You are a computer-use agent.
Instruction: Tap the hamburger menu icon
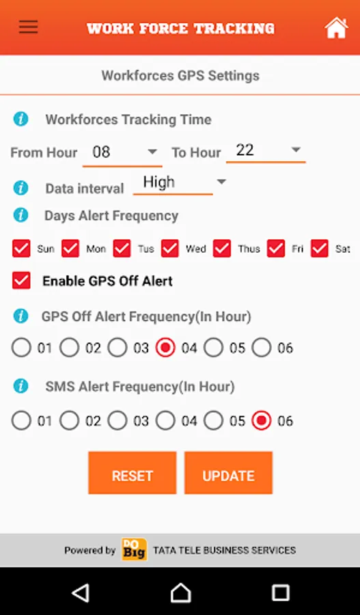point(28,27)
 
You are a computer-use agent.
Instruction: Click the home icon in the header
point(336,28)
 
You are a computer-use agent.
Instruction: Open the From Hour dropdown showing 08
point(122,152)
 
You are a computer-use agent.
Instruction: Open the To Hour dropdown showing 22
point(266,150)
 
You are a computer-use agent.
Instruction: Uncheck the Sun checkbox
point(21,249)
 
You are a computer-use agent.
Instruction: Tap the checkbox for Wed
point(170,249)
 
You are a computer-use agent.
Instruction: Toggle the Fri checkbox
point(276,249)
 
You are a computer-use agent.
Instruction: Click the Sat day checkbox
point(320,249)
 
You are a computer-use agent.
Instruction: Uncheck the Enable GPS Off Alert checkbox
point(21,281)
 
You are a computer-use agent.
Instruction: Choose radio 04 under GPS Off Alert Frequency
point(165,348)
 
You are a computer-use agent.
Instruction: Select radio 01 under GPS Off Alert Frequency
point(21,348)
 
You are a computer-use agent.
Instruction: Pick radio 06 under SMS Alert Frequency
point(262,420)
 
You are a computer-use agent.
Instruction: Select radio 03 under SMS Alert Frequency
point(117,420)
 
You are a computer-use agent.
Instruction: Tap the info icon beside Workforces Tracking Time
point(20,119)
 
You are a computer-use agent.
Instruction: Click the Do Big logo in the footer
point(134,549)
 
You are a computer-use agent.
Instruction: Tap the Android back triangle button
point(81,593)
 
